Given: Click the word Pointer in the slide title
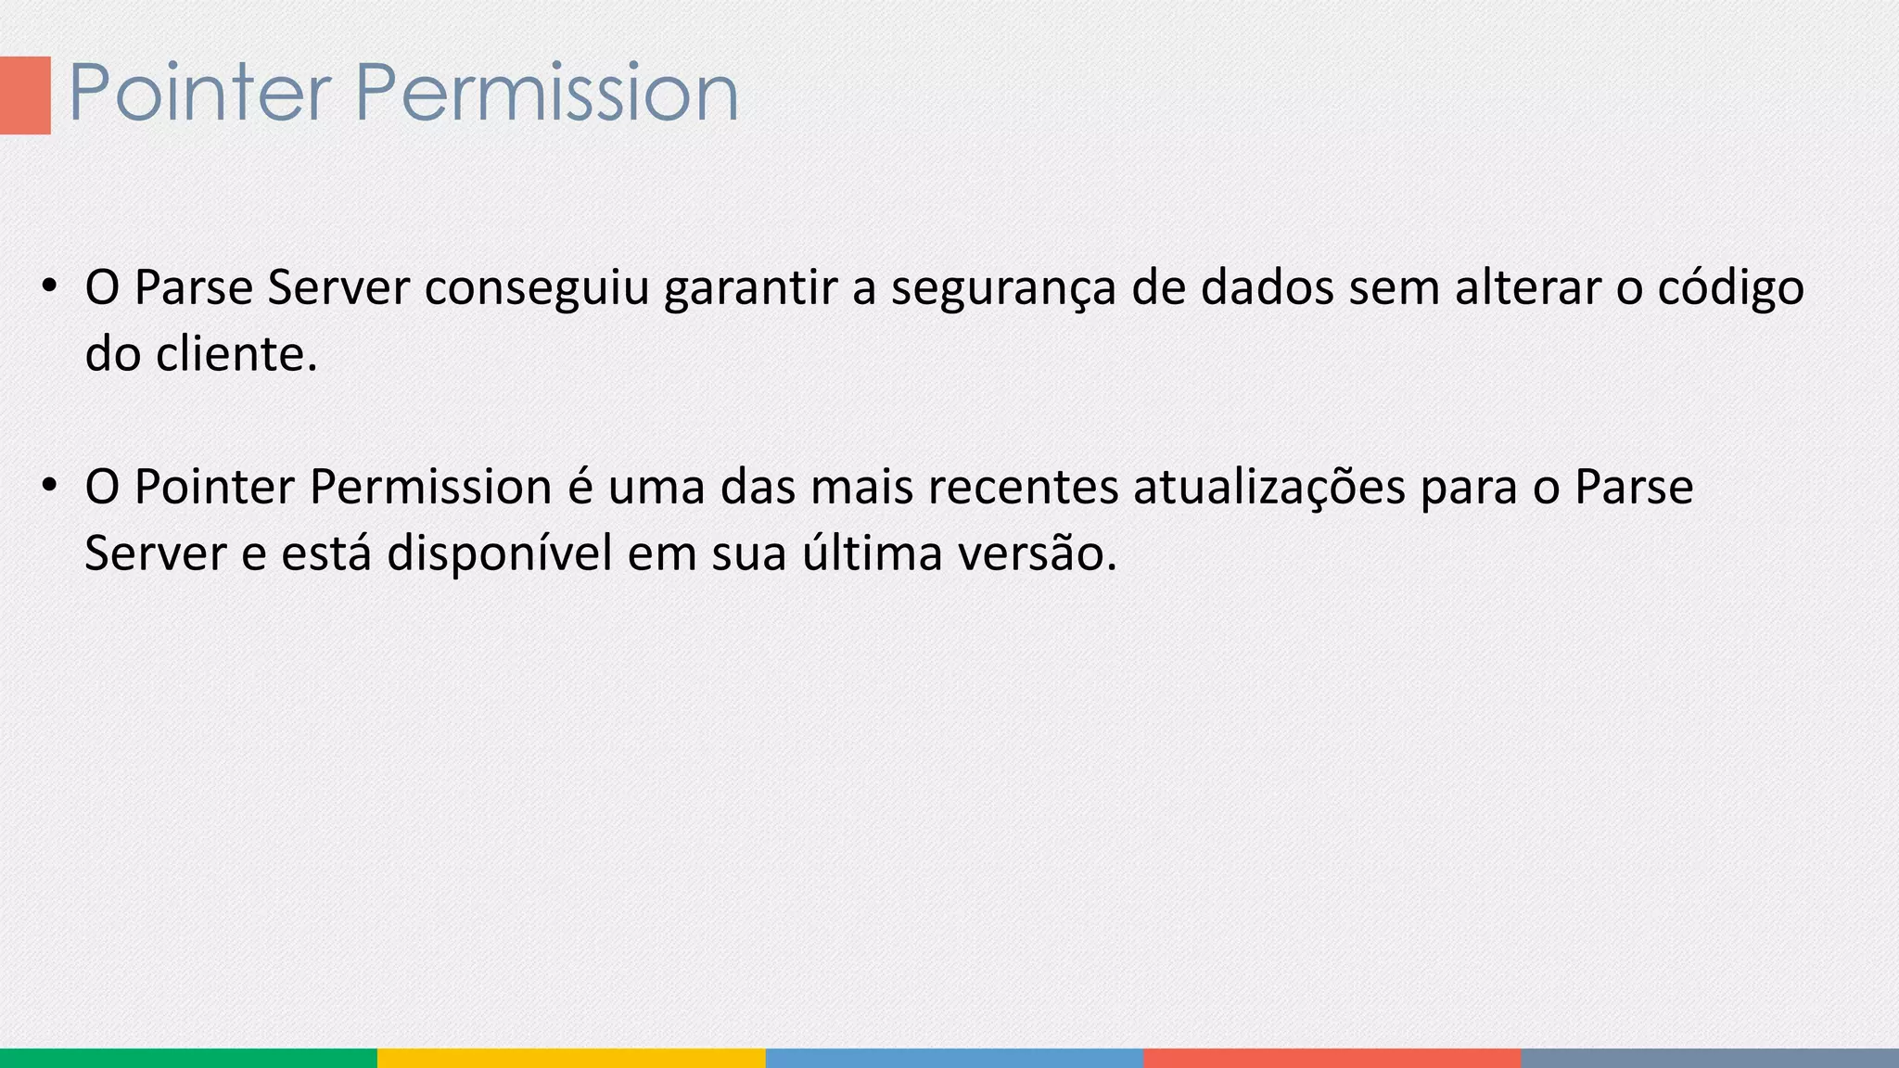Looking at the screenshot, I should point(199,93).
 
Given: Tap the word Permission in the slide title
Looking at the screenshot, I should point(546,93).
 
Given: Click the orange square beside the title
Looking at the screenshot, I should point(25,95).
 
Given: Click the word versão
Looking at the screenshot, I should point(1037,554).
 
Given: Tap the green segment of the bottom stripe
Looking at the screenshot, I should point(188,1058).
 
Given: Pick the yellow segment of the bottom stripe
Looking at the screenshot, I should point(571,1058).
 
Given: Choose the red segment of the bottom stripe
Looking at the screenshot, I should point(1332,1058).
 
